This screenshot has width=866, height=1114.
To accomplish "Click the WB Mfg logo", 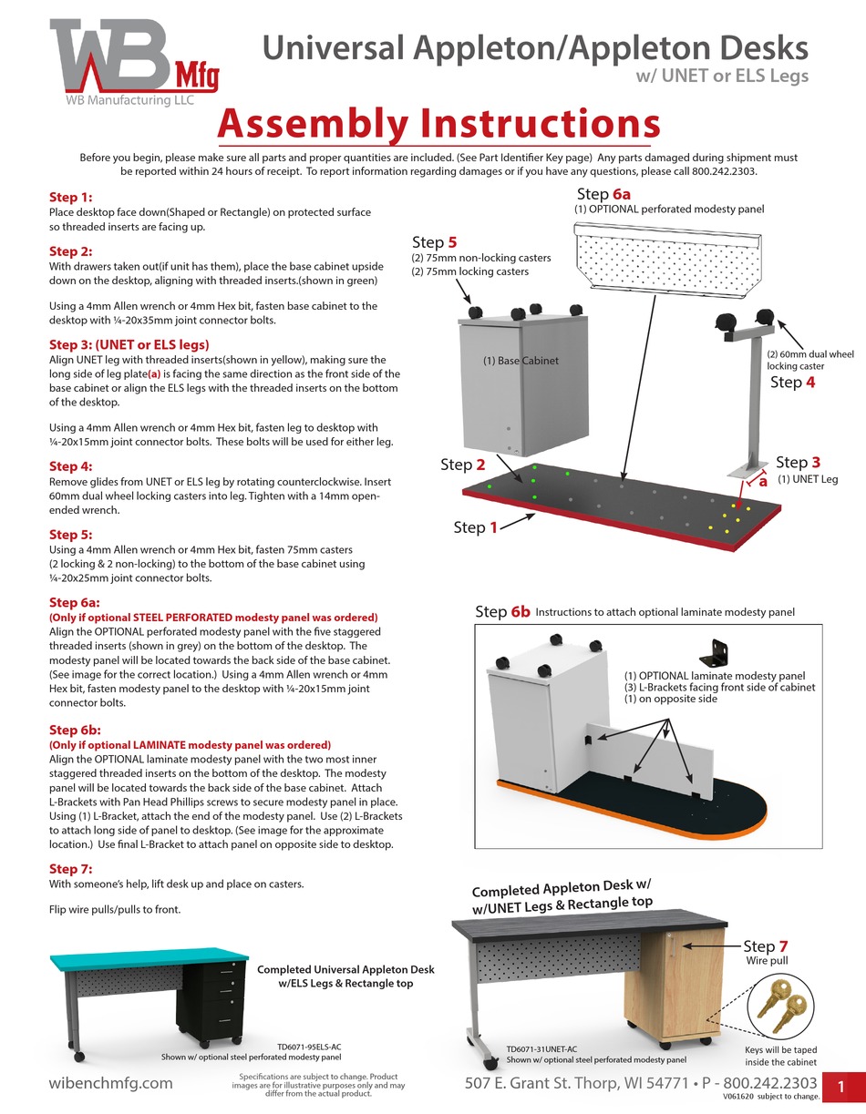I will [x=133, y=64].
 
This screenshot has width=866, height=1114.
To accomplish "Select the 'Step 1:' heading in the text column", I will [x=71, y=197].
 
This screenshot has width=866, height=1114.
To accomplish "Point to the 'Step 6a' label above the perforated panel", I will [x=603, y=194].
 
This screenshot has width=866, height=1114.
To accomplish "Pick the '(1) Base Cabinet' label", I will [x=521, y=361].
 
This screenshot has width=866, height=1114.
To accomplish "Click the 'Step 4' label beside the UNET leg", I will [x=793, y=382].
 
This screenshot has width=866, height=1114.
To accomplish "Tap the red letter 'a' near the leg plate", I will [x=763, y=483].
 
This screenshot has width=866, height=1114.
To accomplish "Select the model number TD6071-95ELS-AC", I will [x=309, y=1048].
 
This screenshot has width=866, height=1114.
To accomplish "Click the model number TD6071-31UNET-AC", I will [x=541, y=1048].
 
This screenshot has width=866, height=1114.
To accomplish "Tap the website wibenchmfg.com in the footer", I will [x=110, y=1083].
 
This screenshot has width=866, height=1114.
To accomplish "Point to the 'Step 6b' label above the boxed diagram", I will [x=502, y=611].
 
